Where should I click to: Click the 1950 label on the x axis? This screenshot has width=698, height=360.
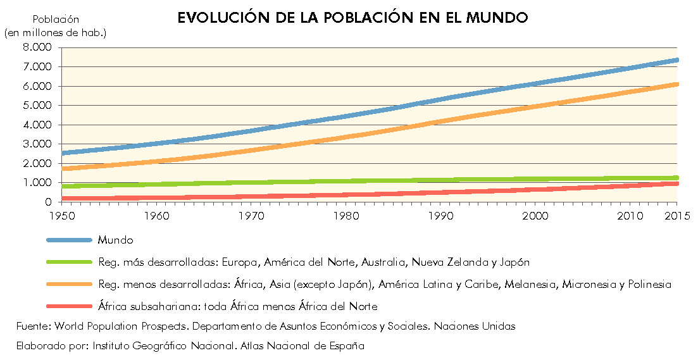click(x=61, y=216)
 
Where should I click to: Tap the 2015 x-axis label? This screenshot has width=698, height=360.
click(x=677, y=216)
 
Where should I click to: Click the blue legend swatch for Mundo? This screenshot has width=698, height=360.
click(x=69, y=240)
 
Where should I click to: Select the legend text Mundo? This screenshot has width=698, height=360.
click(x=116, y=240)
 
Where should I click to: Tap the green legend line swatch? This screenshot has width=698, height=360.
click(x=69, y=262)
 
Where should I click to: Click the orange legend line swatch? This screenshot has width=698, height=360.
click(x=69, y=284)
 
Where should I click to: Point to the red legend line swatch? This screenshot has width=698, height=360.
click(x=69, y=306)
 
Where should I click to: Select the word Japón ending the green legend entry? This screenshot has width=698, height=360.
click(x=515, y=262)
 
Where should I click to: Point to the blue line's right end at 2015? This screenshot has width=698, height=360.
click(x=676, y=60)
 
